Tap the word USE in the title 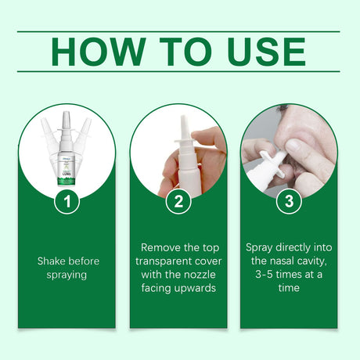click(x=262, y=51)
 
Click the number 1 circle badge click(x=67, y=202)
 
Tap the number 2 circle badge click(x=178, y=202)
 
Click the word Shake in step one click(x=52, y=261)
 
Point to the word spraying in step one click(x=67, y=275)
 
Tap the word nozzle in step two click(x=196, y=275)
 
